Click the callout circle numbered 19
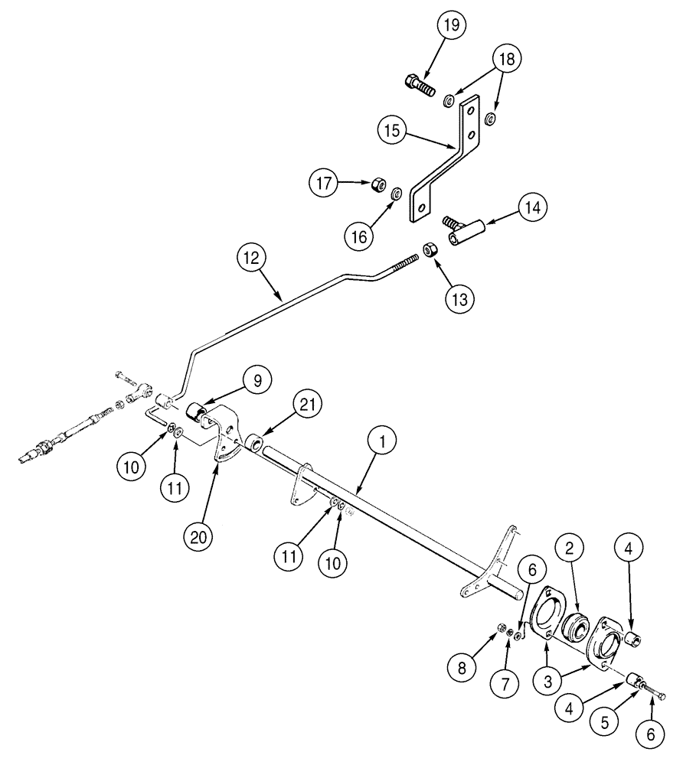pos(452,25)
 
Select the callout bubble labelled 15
pos(391,131)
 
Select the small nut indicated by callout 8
pos(501,628)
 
